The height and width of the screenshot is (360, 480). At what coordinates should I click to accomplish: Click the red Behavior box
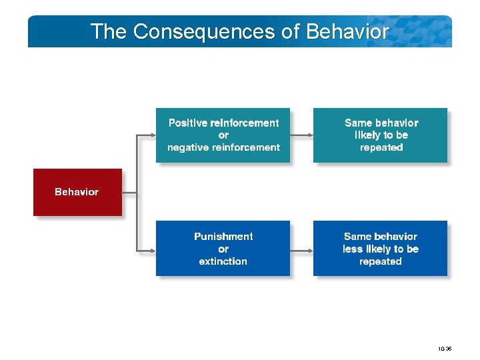pos(77,192)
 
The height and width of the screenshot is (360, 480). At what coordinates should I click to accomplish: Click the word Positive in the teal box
pos(188,123)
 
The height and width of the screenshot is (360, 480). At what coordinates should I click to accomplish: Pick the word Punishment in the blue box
pos(223,237)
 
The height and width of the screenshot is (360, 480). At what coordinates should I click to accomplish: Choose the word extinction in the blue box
pos(223,261)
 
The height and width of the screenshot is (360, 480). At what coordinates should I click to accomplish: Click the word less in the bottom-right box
pos(353,249)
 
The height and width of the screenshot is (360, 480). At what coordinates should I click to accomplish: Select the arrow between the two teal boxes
pos(301,135)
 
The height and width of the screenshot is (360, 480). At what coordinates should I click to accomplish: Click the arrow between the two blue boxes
pos(301,248)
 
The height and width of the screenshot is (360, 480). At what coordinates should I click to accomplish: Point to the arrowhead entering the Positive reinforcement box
pos(152,135)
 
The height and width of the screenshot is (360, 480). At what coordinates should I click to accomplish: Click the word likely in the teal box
pos(368,135)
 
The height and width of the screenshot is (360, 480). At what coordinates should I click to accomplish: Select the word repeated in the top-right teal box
pos(381,147)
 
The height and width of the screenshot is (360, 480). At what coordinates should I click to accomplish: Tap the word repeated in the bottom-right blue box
pos(381,261)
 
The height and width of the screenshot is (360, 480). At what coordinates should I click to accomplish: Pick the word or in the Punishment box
pos(223,249)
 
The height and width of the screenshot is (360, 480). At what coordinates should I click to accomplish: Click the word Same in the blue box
pos(358,237)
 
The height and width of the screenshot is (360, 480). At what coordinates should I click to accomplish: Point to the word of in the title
pos(291,31)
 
